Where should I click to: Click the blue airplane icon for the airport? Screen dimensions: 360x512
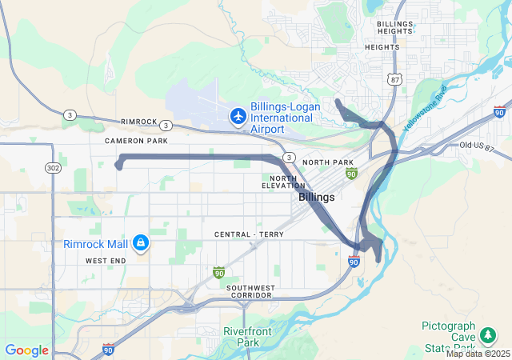tap(238, 116)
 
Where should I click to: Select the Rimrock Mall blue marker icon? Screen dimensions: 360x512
tap(141, 241)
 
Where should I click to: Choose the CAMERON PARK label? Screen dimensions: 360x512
tap(136, 140)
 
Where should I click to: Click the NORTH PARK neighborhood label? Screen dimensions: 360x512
tap(328, 162)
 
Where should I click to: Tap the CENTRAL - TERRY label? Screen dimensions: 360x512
tap(242, 234)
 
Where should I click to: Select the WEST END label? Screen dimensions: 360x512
tap(106, 261)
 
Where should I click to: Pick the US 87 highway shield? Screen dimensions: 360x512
tap(394, 78)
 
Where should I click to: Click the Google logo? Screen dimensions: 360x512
tap(26, 350)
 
